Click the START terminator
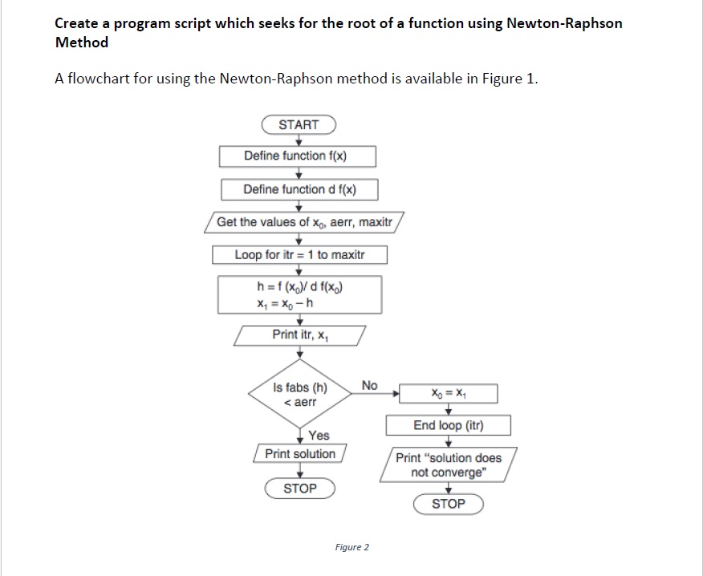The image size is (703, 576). click(x=299, y=124)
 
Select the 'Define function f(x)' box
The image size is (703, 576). click(x=298, y=156)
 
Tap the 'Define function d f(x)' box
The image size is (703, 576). click(x=299, y=189)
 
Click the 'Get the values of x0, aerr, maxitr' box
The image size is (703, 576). click(x=305, y=221)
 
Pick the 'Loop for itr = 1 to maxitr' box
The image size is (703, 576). click(x=299, y=254)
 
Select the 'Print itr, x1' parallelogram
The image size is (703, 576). click(x=300, y=334)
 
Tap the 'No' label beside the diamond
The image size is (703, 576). click(x=369, y=386)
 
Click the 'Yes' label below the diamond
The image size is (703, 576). click(x=319, y=435)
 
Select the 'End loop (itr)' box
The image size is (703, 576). click(x=449, y=425)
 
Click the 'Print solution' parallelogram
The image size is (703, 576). click(x=300, y=453)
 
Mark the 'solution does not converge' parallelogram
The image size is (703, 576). click(x=448, y=465)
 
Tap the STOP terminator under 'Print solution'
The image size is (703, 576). click(x=300, y=488)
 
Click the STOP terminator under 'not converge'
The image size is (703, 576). click(x=449, y=504)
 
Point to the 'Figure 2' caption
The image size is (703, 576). click(x=352, y=547)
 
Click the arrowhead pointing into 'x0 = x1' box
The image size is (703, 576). click(x=396, y=394)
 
